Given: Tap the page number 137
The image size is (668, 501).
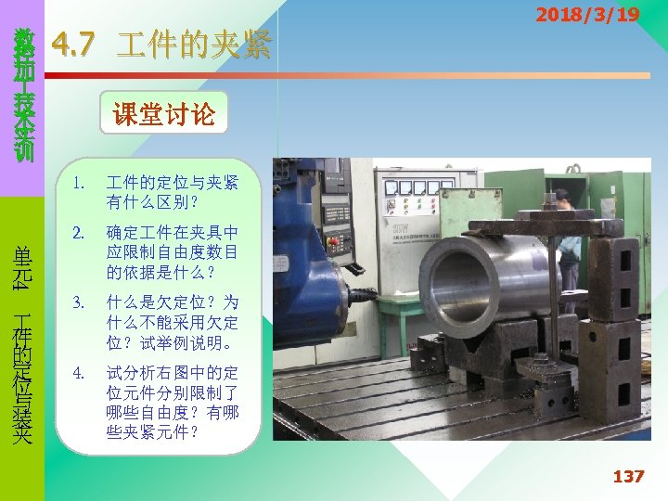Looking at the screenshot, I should pyautogui.click(x=627, y=476).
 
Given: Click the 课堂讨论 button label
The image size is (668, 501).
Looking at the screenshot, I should pyautogui.click(x=163, y=114).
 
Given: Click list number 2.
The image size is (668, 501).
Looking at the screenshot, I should pyautogui.click(x=81, y=232).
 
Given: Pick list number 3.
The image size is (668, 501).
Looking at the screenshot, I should pyautogui.click(x=81, y=302).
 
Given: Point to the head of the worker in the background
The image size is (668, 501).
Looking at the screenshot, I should pyautogui.click(x=561, y=199).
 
